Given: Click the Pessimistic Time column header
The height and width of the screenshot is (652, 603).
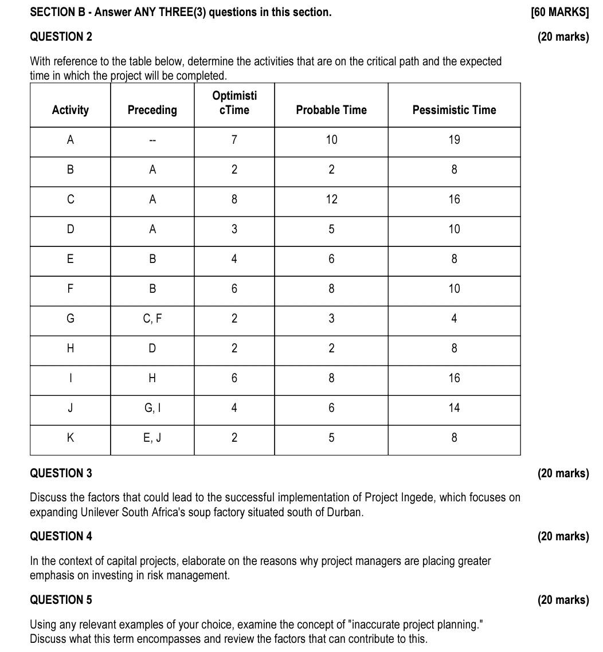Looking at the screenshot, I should pos(454,110).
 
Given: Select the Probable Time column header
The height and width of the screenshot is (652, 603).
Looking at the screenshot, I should pos(331,110).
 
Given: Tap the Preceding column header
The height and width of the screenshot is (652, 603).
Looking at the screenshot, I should pos(152,110).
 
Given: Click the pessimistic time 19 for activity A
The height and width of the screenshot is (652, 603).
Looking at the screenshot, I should pos(454,140).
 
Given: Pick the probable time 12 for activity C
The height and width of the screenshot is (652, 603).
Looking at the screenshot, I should pos(331,199).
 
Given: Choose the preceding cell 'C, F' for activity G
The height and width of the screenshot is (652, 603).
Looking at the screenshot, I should pos(152,319).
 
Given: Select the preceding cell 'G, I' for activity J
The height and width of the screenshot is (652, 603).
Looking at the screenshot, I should pos(152,408).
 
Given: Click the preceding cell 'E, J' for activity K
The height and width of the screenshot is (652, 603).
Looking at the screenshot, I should pos(152,438).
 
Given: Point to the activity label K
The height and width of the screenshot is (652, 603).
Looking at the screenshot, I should pos(70,438).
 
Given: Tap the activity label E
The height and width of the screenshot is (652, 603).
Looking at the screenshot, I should pos(70,259).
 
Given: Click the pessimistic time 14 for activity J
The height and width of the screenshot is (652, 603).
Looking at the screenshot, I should pos(454,408).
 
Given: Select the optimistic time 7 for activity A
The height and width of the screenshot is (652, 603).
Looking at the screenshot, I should pos(234,140).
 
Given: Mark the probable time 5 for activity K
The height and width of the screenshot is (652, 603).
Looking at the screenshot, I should pos(331,438).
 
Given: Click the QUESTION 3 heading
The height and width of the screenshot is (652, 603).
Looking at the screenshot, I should pos(61,473).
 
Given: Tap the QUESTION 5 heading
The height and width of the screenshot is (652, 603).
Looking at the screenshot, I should pos(61,600).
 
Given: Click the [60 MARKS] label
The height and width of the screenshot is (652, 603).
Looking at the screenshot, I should pos(560,12).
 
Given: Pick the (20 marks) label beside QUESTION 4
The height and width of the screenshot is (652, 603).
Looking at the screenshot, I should pos(563,536).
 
